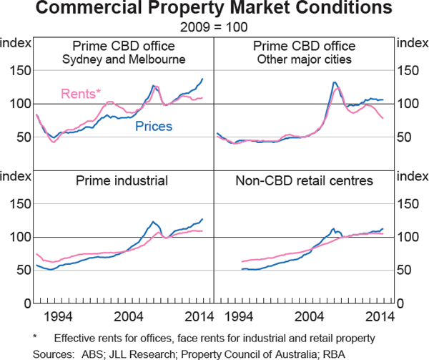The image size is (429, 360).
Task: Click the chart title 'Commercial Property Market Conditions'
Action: click(214, 9)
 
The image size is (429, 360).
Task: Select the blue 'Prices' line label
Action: click(154, 127)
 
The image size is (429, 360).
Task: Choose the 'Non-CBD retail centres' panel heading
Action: click(304, 181)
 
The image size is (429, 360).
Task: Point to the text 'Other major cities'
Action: click(304, 59)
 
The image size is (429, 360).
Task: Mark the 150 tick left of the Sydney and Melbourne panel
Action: click(19, 70)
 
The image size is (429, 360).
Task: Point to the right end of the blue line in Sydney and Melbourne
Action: click(202, 79)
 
